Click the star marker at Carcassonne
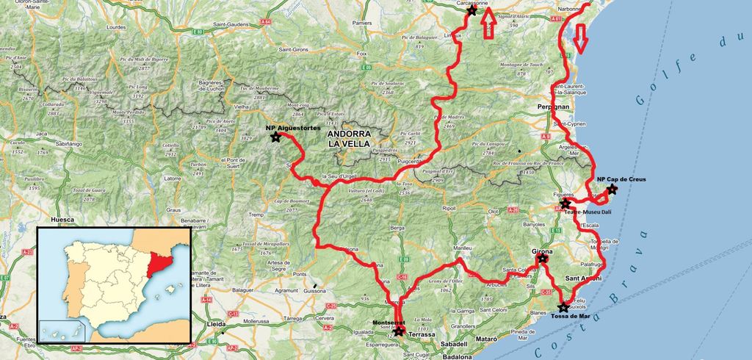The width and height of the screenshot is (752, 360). (x=471, y=10)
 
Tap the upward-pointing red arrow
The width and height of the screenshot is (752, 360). (x=489, y=26)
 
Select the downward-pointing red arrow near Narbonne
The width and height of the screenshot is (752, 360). (x=581, y=38)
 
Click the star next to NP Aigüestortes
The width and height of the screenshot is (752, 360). (x=275, y=137)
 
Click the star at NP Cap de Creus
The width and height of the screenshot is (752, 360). (x=612, y=190)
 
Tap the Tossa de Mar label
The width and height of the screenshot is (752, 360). (x=571, y=317)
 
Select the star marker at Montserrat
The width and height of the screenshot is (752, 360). (x=397, y=331)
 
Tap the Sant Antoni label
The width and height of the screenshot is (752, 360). (x=584, y=278)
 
